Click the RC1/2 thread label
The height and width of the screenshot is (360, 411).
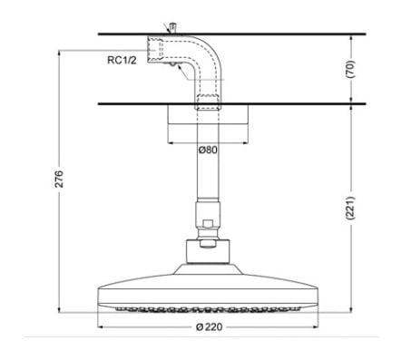121,61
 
